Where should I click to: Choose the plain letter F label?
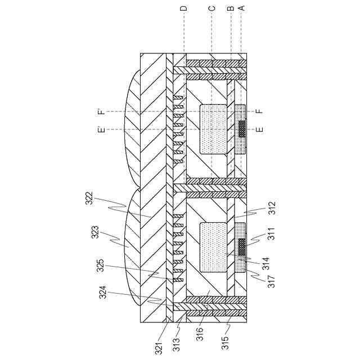[x=259, y=111]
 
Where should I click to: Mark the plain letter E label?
[x=259, y=130]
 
